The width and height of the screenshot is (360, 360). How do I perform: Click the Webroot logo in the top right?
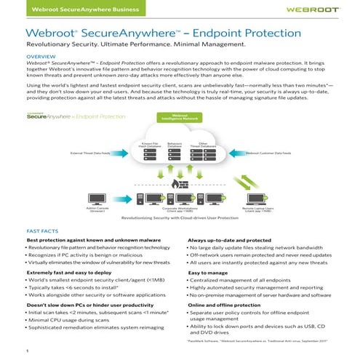(305, 10)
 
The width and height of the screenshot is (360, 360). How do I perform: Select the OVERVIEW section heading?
(41, 56)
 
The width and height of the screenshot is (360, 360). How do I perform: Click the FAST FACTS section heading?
(43, 229)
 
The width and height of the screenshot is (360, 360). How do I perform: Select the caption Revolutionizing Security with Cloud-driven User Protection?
(180, 217)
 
